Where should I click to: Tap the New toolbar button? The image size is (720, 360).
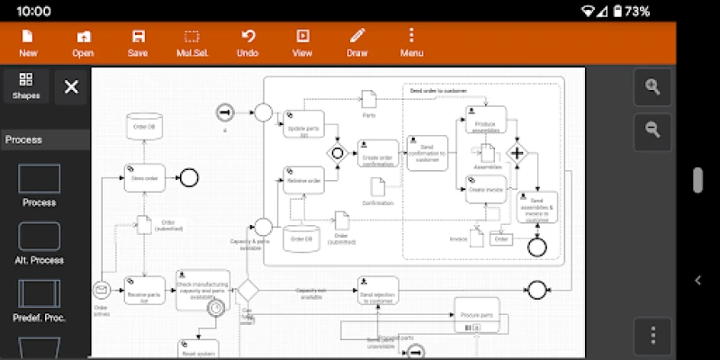coord(28,42)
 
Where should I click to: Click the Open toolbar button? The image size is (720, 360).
coord(83,42)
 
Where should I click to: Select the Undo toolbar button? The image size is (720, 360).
coord(247,42)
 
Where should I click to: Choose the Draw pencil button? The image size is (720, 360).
coord(357,42)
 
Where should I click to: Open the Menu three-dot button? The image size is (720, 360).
coord(411,42)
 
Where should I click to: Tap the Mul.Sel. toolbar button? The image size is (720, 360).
coord(192,42)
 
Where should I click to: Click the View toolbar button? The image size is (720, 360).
coord(302,42)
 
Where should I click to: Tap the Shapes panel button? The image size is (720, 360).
coord(25,86)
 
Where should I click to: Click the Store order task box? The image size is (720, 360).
coord(144,178)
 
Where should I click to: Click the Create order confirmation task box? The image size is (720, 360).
coord(378,155)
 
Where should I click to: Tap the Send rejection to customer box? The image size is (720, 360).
coord(378,291)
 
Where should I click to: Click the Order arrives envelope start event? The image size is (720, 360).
coord(101,290)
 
